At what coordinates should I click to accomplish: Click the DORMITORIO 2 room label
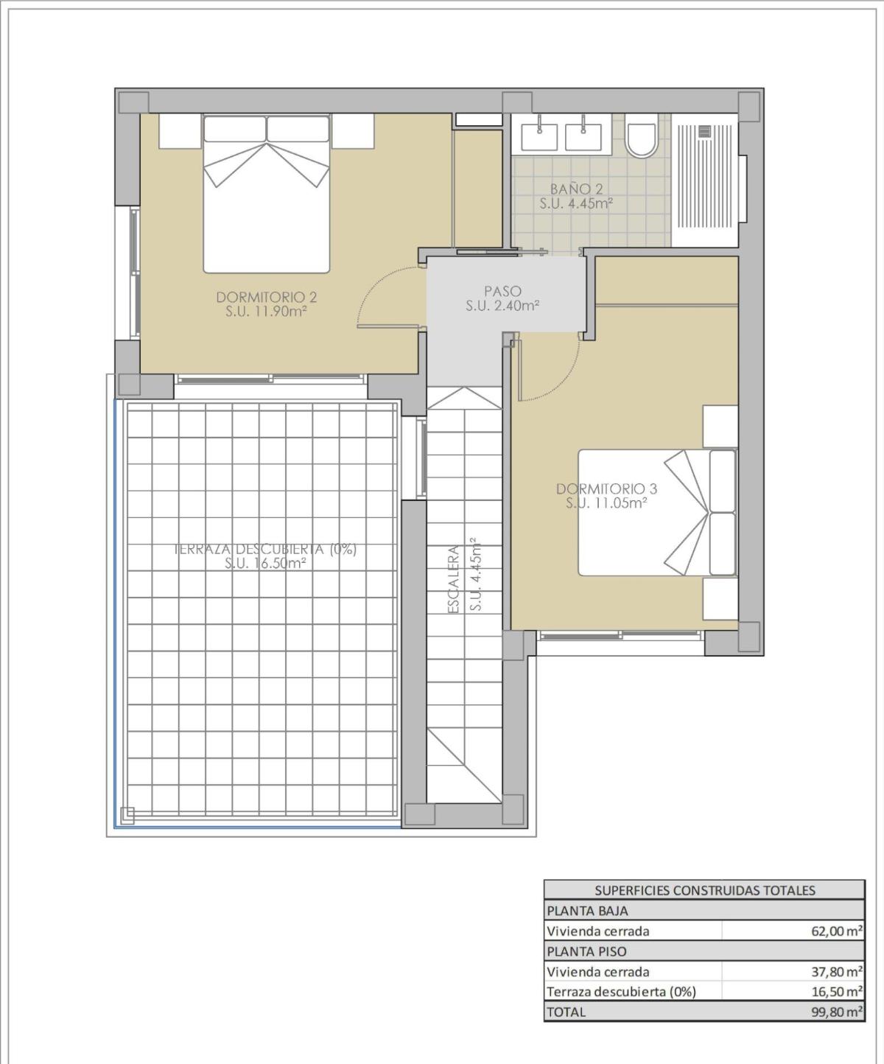point(266,297)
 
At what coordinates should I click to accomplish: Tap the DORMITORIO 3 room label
point(606,489)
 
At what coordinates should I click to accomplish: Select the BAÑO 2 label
point(576,189)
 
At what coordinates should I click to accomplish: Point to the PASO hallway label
point(502,291)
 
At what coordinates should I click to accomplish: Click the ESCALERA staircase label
point(455,578)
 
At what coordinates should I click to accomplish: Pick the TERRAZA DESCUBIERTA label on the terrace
point(265,549)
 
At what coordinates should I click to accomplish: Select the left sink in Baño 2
point(539,136)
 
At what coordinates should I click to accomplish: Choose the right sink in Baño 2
point(583,136)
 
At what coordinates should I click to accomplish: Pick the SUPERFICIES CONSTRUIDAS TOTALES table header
point(704,890)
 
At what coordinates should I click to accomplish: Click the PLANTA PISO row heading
point(586,951)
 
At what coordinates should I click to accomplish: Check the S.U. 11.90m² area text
point(266,312)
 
